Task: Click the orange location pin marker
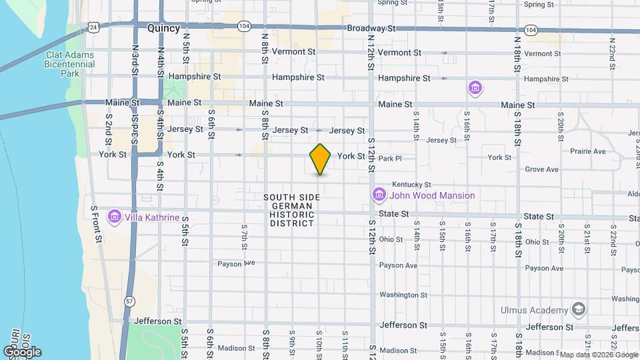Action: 320,159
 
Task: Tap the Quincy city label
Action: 163,28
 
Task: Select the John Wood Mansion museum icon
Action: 379,195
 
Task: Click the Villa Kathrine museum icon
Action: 114,217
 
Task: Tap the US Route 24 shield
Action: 94,27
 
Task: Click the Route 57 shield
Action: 129,302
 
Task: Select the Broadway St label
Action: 371,29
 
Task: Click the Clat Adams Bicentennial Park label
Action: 69,65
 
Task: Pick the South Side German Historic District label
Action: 292,210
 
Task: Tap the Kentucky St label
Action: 411,185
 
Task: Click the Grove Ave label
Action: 541,169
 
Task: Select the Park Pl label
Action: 391,159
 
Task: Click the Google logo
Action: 23,351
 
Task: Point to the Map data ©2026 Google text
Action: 597,355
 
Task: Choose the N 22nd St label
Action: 612,48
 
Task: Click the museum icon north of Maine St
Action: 475,88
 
